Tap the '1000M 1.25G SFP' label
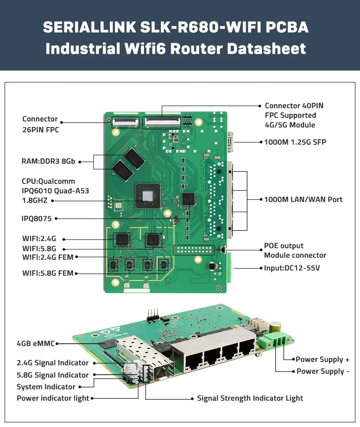pos(295,142)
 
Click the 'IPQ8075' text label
pos(37,219)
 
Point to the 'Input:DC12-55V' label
pos(292,268)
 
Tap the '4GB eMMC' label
pos(35,344)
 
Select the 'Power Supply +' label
pos(323,359)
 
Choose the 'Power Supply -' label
pos(323,371)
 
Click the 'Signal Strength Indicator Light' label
pos(250,398)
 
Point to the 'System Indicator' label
pos(46,386)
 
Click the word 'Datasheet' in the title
pos(267,48)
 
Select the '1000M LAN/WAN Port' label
pos(303,199)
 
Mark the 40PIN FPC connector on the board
pos(162,121)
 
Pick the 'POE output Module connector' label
pos(295,250)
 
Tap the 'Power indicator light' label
pos(53,398)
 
